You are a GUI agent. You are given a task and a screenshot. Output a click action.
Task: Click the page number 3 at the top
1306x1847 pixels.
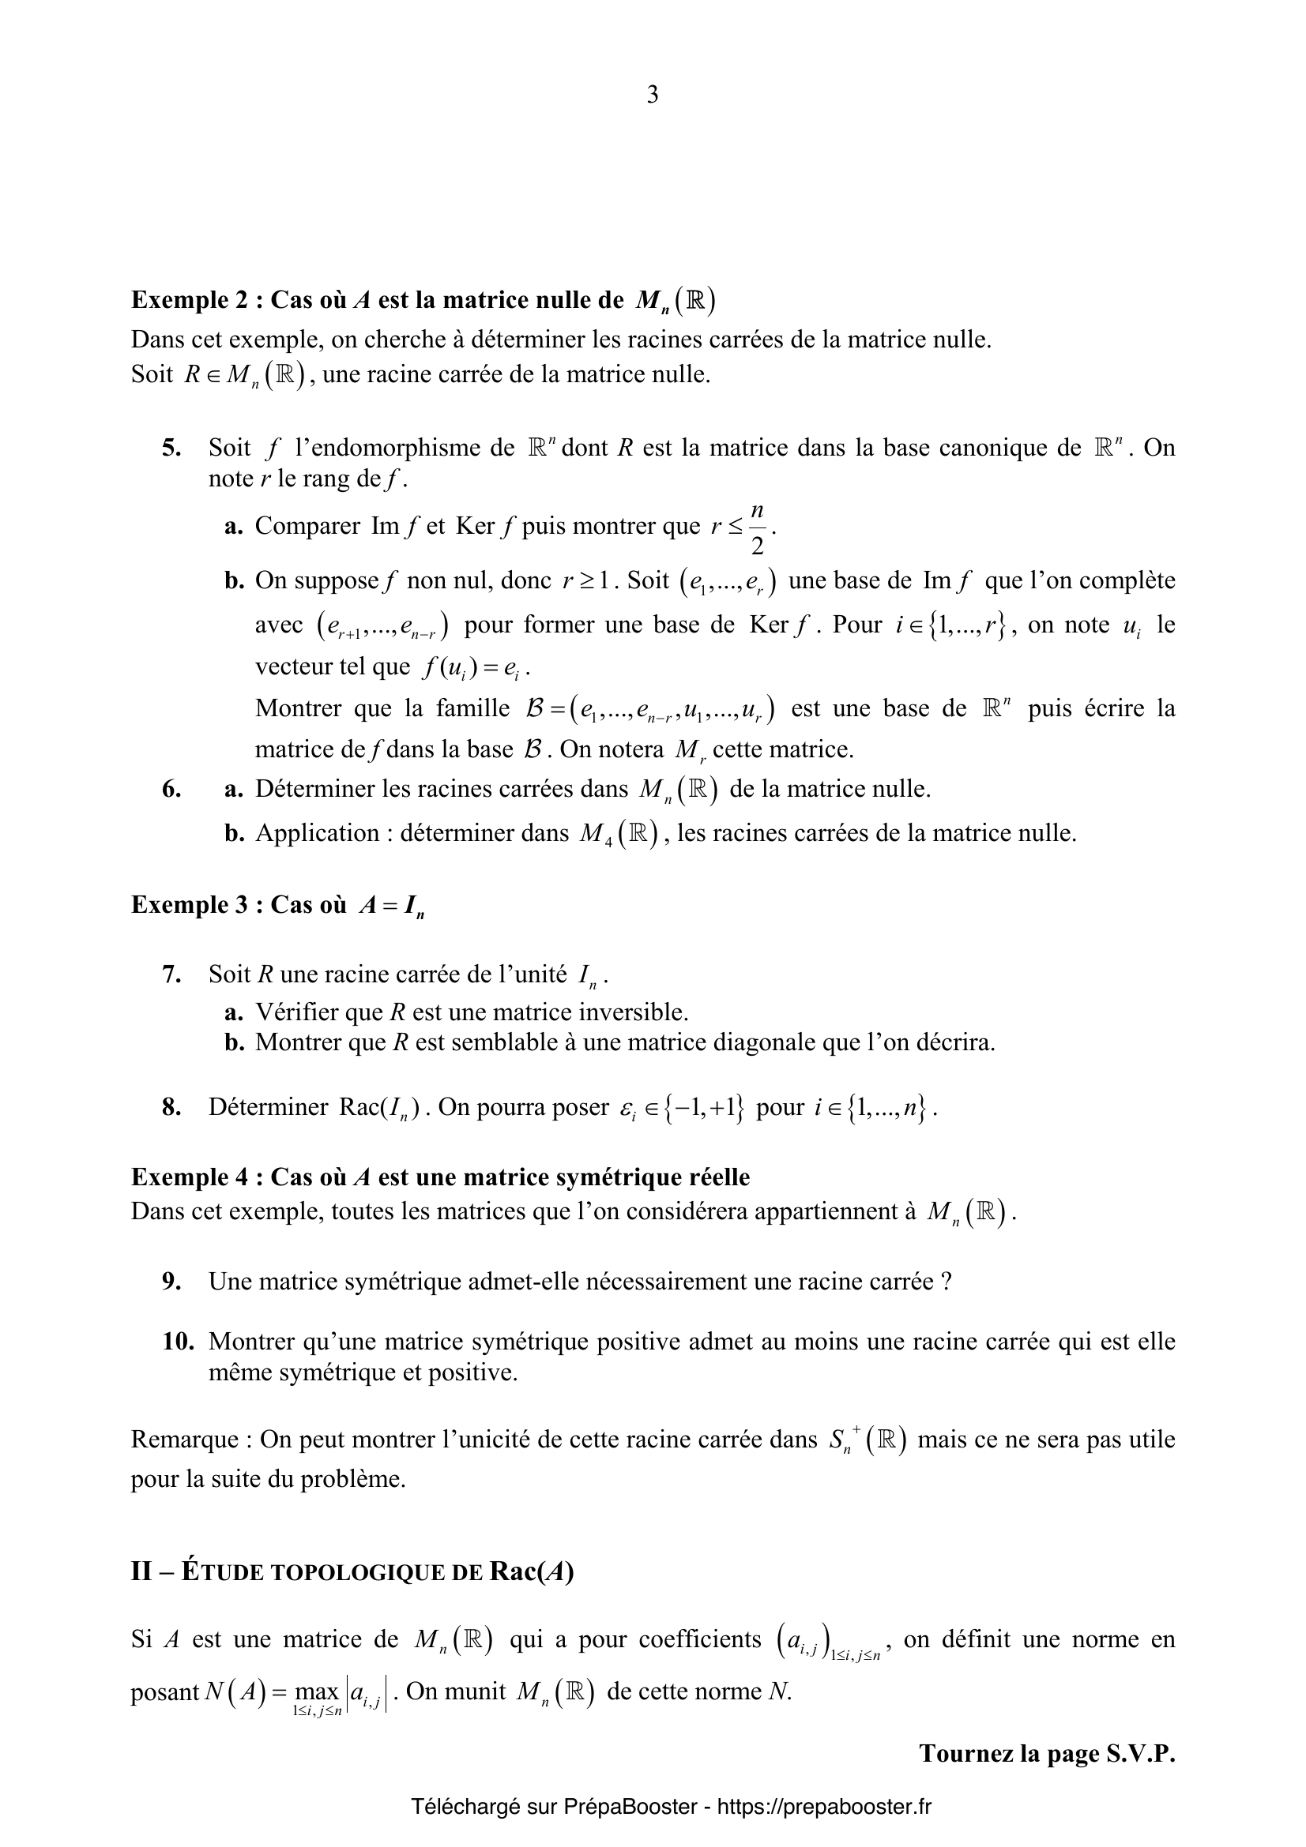(x=652, y=95)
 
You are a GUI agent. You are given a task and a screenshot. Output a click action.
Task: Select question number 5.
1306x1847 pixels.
(x=171, y=448)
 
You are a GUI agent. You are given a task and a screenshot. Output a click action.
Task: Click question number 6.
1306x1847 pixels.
(x=171, y=789)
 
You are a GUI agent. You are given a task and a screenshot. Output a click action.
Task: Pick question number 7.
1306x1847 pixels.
(x=171, y=975)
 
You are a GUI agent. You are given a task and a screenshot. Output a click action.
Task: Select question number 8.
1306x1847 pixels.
(x=171, y=1108)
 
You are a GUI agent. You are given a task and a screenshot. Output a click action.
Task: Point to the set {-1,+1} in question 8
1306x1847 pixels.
(x=702, y=1109)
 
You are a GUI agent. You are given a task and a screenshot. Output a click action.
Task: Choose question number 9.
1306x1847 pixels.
(x=171, y=1282)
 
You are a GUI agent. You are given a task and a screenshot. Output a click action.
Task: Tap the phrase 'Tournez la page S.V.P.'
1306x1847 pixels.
(x=1047, y=1754)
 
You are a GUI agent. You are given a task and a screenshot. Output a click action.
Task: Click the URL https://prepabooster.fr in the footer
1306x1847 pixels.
(x=823, y=1807)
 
